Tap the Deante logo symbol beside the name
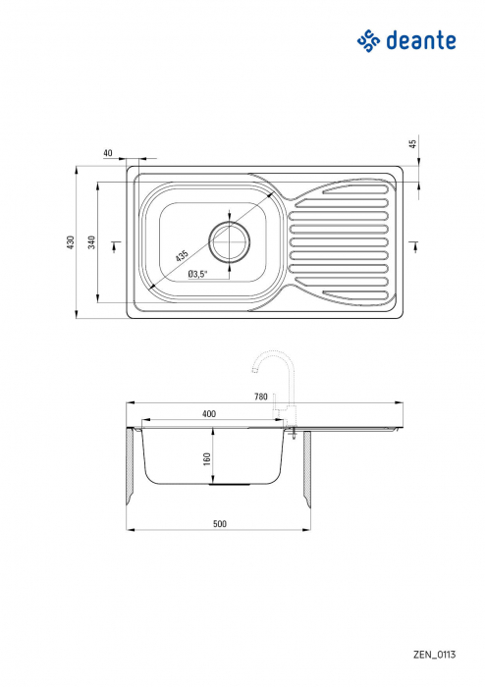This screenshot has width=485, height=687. point(367,40)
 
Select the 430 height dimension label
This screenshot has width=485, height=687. point(71,241)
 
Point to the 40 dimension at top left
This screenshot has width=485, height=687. point(107,153)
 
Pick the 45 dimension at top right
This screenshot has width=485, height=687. point(413,143)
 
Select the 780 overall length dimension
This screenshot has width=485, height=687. point(260,396)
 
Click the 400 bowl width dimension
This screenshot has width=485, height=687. point(209,414)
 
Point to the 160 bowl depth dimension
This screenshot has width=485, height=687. point(208,459)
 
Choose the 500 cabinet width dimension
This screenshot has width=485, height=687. point(219,524)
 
